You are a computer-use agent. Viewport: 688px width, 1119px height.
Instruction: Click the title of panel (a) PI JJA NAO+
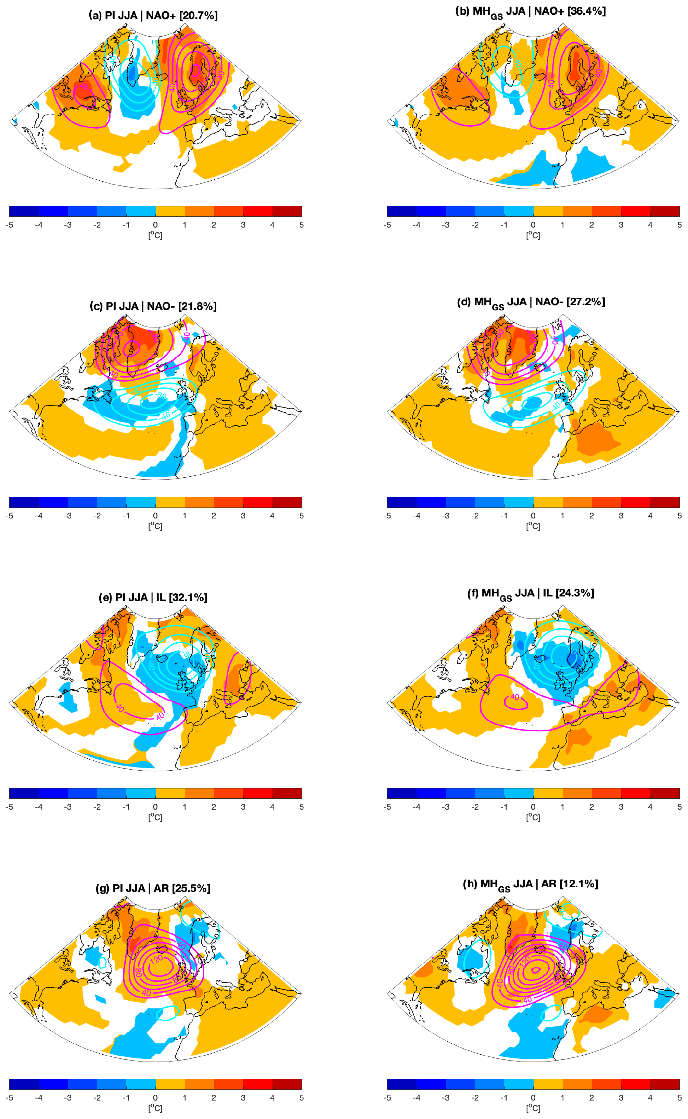pyautogui.click(x=153, y=15)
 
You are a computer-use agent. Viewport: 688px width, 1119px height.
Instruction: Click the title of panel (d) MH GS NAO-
pyautogui.click(x=531, y=302)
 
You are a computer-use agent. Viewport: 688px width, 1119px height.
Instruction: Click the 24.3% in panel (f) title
pyautogui.click(x=574, y=593)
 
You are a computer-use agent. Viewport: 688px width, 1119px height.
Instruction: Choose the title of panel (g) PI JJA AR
pyautogui.click(x=153, y=888)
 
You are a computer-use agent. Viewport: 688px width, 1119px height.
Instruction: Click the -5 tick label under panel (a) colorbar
pyautogui.click(x=9, y=225)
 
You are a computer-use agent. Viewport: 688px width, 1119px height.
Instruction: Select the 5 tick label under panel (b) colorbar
pyautogui.click(x=679, y=225)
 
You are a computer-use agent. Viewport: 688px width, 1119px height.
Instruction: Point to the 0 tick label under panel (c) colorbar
pyautogui.click(x=155, y=516)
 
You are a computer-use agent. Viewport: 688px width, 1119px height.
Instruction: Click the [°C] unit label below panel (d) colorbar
pyautogui.click(x=533, y=526)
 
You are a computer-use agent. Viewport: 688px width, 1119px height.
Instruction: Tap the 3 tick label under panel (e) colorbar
pyautogui.click(x=243, y=807)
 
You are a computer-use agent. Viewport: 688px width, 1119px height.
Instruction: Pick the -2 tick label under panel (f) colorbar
pyautogui.click(x=475, y=807)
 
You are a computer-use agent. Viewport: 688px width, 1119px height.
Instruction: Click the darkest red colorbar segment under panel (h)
pyautogui.click(x=664, y=1084)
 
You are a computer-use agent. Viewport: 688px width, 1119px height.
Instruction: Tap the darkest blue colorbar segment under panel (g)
pyautogui.click(x=24, y=1084)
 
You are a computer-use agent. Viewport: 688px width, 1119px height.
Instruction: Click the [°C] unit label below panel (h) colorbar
pyautogui.click(x=533, y=1108)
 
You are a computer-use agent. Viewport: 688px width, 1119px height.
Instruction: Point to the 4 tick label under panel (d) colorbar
pyautogui.click(x=650, y=516)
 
